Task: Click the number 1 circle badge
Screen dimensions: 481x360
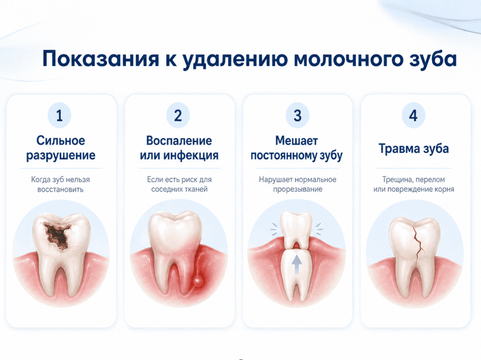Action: pos(60,116)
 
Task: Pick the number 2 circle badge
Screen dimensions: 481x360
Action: pos(178,116)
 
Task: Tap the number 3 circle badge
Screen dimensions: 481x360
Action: pos(297,116)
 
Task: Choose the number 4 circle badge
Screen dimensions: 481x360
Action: pos(413,116)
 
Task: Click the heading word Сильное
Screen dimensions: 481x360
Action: pos(61,141)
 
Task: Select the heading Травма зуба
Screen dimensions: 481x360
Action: pos(413,149)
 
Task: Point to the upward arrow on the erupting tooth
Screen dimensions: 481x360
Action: pos(296,265)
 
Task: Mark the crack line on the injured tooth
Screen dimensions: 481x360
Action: pos(417,248)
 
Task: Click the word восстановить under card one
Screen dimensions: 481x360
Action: pos(61,190)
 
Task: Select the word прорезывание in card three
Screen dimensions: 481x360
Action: pos(297,190)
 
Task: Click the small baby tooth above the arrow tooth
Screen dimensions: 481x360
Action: pos(296,228)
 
